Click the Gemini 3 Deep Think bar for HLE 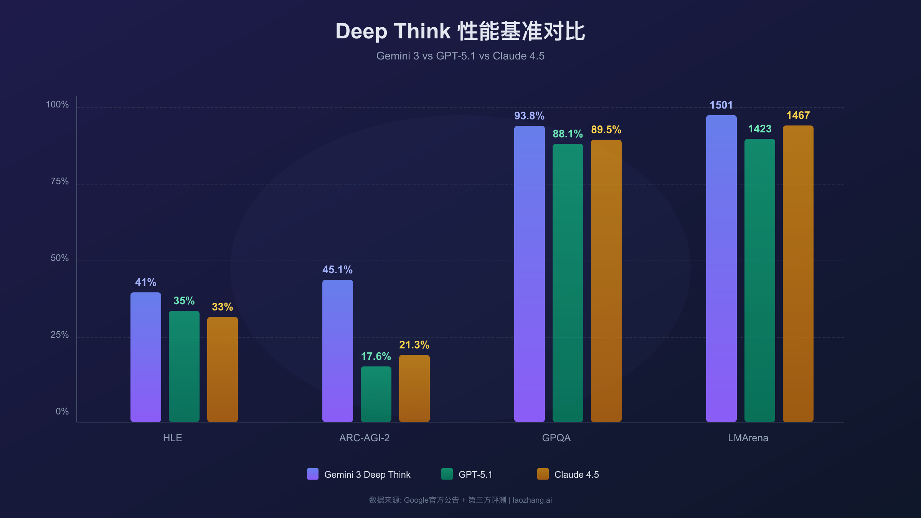coord(145,357)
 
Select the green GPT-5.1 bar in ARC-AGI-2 coord(376,394)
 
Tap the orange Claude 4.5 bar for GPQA coord(606,280)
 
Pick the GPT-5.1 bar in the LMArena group coord(759,280)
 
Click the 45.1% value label coord(337,270)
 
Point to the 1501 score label coord(721,105)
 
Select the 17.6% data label coord(376,356)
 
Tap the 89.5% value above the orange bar coord(606,130)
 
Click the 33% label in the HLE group coord(222,307)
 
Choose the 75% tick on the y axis coord(59,181)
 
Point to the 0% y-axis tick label coord(62,411)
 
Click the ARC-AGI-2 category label coord(364,438)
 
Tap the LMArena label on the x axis coord(748,438)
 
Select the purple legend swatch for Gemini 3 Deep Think coord(312,474)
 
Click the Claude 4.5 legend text coord(576,475)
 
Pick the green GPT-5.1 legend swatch coord(447,474)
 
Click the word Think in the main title coord(422,31)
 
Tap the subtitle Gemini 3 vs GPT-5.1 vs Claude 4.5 coord(460,56)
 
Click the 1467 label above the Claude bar coord(798,115)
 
